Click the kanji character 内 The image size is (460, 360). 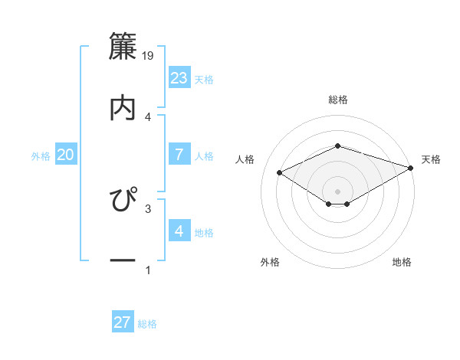pyautogui.click(x=123, y=106)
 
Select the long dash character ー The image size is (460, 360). pyautogui.click(x=123, y=261)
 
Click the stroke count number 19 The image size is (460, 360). pyautogui.click(x=149, y=56)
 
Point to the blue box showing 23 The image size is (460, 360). pyautogui.click(x=179, y=78)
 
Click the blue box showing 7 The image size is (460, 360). pyautogui.click(x=179, y=155)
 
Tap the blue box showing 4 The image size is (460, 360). pyautogui.click(x=179, y=231)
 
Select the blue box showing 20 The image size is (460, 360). pyautogui.click(x=65, y=155)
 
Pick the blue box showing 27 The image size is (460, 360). pyautogui.click(x=123, y=322)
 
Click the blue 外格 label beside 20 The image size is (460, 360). pyautogui.click(x=41, y=156)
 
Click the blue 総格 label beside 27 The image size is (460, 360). pyautogui.click(x=147, y=324)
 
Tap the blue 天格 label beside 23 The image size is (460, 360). pyautogui.click(x=204, y=80)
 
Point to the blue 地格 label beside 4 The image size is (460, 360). pyautogui.click(x=204, y=233)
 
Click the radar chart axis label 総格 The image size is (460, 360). pyautogui.click(x=338, y=100)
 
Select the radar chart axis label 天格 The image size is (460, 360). pyautogui.click(x=431, y=159)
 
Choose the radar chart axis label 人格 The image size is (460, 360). pyautogui.click(x=245, y=159)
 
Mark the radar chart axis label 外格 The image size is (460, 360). pyautogui.click(x=270, y=262)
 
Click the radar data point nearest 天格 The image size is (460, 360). pyautogui.click(x=411, y=167)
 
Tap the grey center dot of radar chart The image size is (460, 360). pyautogui.click(x=338, y=191)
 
